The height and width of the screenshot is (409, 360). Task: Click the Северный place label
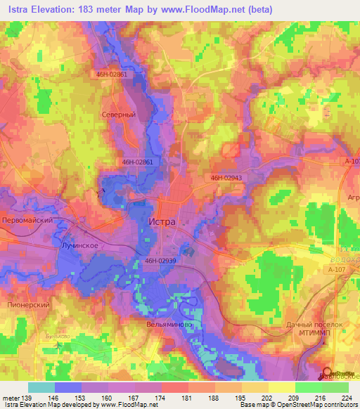click(118, 114)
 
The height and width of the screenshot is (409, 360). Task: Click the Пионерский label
click(27, 306)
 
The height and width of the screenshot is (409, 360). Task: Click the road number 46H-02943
click(226, 178)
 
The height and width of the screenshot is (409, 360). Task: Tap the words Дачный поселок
click(314, 325)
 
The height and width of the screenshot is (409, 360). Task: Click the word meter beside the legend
click(11, 397)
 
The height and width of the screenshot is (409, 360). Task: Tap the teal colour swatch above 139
click(41, 387)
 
